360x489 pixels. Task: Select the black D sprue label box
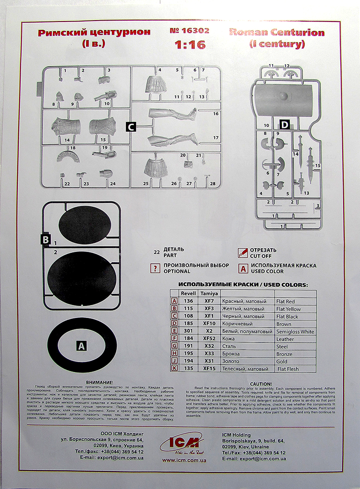pos(284,124)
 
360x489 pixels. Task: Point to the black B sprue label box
pos(45,240)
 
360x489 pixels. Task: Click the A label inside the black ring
pos(81,346)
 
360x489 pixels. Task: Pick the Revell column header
pos(188,293)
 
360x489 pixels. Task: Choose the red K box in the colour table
pos(175,369)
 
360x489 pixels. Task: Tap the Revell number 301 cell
pos(188,331)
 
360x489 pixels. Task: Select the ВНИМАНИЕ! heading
pos(100,383)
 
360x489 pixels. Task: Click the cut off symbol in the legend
pos(242,253)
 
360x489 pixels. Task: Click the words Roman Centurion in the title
pos(277,33)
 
